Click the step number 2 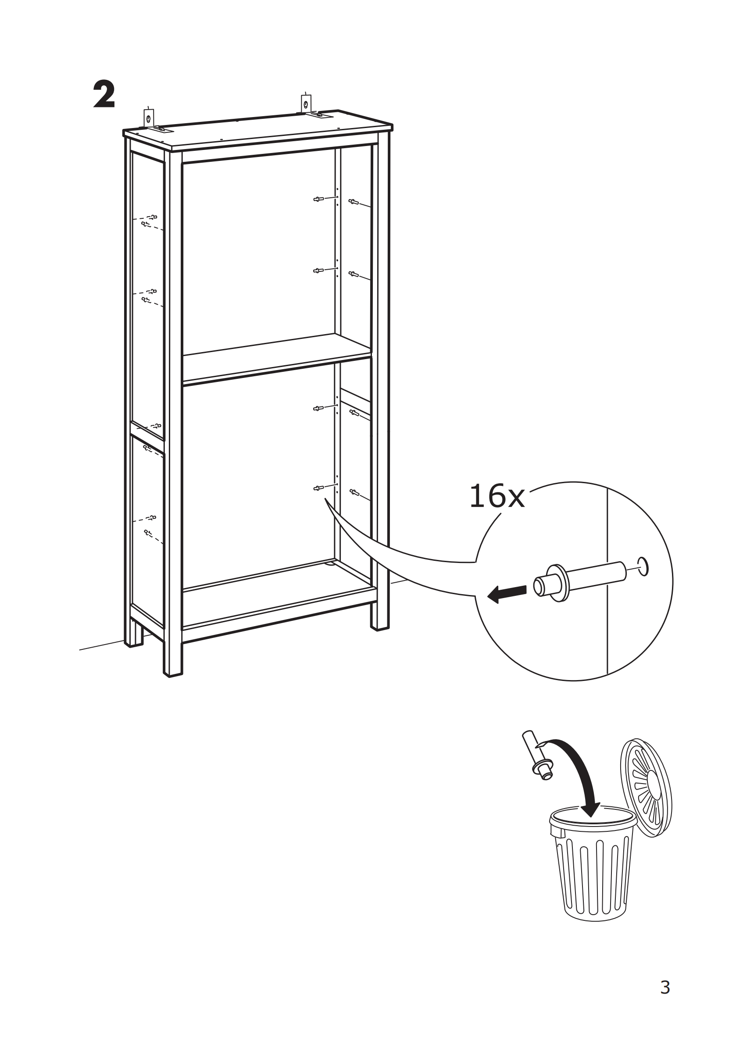coord(104,95)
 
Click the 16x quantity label coord(496,496)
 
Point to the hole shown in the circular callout coord(643,567)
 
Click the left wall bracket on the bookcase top coord(149,119)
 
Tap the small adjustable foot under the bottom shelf coord(329,564)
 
